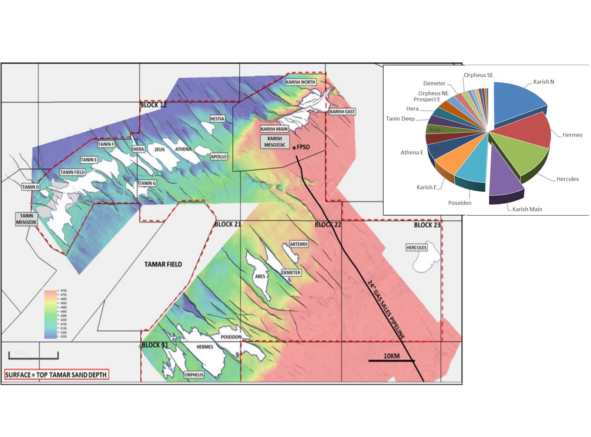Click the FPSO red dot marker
[294, 148]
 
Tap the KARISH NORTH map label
[300, 82]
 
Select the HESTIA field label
[217, 119]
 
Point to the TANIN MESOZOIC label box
[27, 219]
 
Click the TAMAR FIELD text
[163, 264]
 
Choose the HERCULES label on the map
[416, 248]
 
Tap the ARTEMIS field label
[298, 244]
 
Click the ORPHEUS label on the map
[194, 375]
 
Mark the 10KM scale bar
[391, 360]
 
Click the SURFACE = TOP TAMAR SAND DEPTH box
[56, 375]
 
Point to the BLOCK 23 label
[427, 225]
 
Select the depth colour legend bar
[50, 314]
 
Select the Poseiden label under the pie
[460, 203]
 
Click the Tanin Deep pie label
[400, 118]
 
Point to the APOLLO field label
[219, 156]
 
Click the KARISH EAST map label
[342, 111]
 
